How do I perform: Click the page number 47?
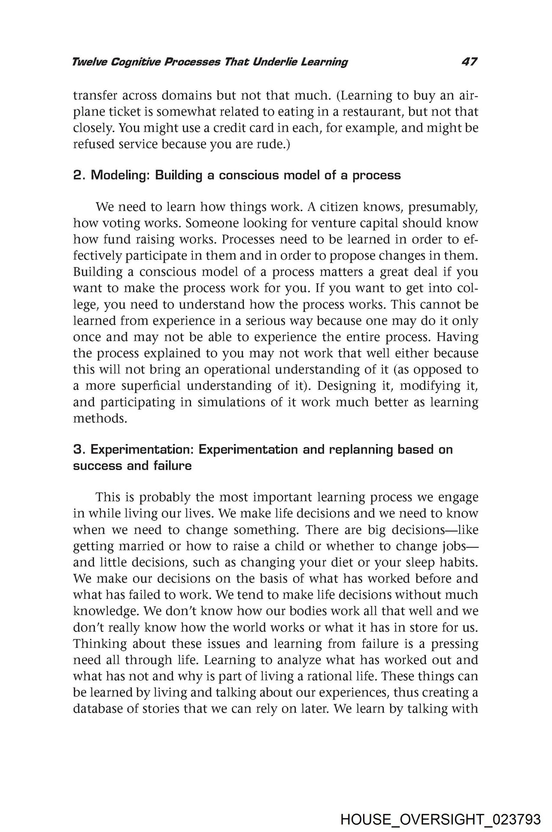(x=469, y=62)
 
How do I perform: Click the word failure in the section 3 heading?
(x=172, y=466)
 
